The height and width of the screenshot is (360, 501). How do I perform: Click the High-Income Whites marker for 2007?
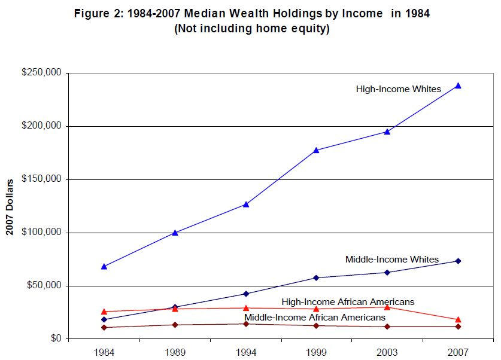pos(458,86)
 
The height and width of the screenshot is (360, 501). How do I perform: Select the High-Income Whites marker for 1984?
pos(104,266)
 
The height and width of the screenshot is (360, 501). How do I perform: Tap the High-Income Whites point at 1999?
pos(316,150)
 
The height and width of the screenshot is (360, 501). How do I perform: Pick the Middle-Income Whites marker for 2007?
pos(458,261)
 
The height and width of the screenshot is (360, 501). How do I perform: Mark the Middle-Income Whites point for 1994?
pos(246,294)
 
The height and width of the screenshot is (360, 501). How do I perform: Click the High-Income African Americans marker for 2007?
pos(458,319)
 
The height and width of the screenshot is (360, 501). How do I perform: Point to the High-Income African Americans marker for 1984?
pos(104,312)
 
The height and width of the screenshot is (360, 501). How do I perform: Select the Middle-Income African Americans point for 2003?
pos(387,327)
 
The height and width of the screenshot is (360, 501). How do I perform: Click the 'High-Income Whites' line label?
pos(398,89)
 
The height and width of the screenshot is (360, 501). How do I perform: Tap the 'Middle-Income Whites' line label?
pos(391,260)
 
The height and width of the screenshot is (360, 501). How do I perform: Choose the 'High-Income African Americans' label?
pos(348,302)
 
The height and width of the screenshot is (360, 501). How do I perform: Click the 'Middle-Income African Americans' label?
pos(314,317)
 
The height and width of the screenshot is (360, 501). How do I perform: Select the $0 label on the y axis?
pos(55,338)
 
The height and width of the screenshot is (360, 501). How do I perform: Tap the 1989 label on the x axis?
pos(175,351)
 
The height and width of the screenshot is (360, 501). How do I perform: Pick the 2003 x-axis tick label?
pos(387,351)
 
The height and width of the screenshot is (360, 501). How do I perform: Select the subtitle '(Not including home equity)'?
pos(251,29)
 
